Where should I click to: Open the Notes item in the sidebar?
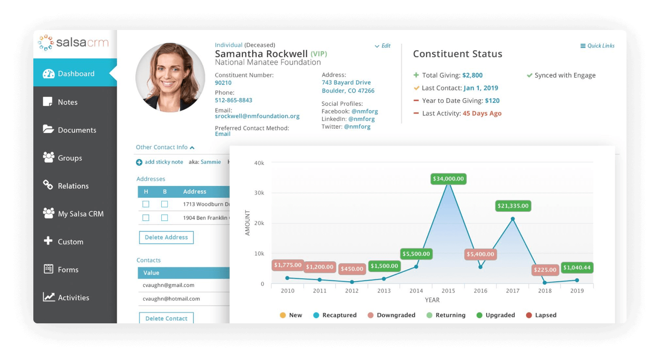click(67, 102)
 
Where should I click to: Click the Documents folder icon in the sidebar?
click(48, 129)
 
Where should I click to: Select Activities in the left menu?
click(73, 297)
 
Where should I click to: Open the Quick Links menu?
click(597, 46)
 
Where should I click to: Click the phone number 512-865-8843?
click(233, 100)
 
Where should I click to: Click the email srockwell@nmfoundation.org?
click(257, 116)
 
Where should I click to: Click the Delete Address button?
click(166, 237)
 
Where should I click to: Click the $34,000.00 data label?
click(448, 179)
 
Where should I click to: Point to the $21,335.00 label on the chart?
click(513, 206)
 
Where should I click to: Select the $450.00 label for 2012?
click(352, 269)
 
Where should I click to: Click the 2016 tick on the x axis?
click(480, 291)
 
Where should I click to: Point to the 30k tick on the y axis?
click(259, 193)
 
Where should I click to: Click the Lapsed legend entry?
click(541, 315)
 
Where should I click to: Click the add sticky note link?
click(164, 162)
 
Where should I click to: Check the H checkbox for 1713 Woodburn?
click(146, 204)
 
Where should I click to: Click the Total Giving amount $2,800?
click(472, 75)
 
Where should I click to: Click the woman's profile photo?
click(170, 77)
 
